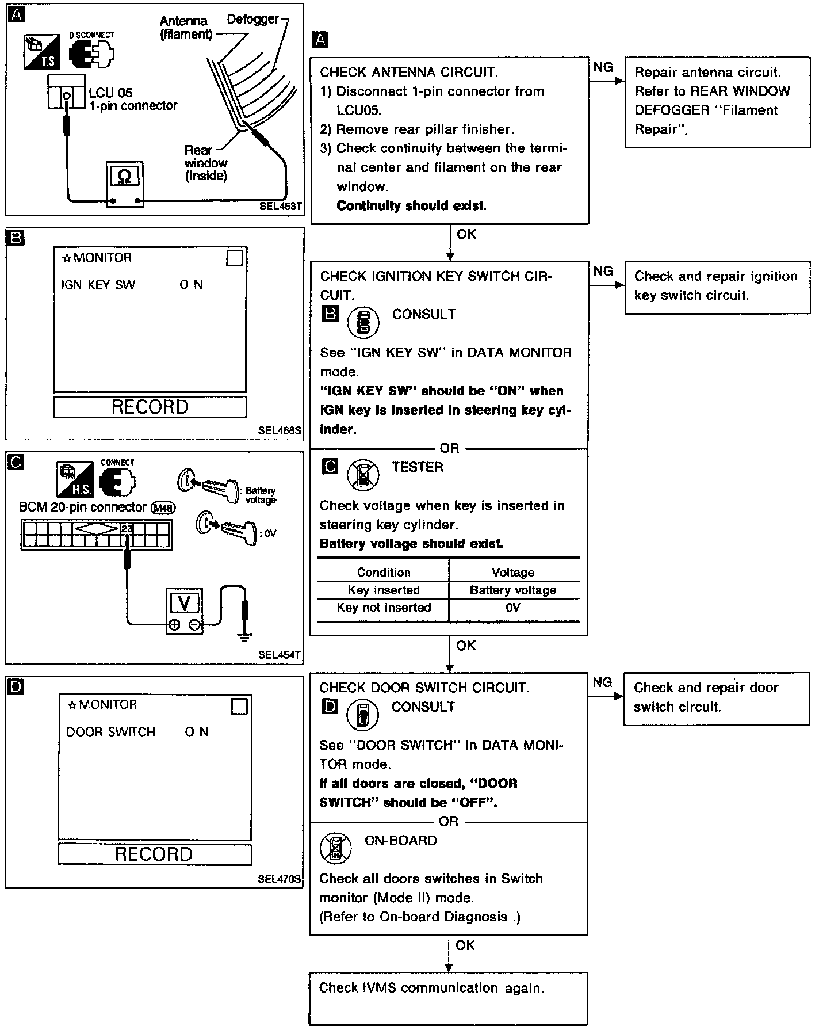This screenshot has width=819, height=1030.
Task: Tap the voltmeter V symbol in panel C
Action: pyautogui.click(x=185, y=603)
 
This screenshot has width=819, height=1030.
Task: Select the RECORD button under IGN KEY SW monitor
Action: pyautogui.click(x=150, y=407)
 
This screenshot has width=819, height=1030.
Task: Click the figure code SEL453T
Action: pyautogui.click(x=281, y=206)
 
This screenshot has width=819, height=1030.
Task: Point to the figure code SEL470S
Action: pyautogui.click(x=280, y=879)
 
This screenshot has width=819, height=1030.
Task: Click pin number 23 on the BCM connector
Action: pyautogui.click(x=127, y=528)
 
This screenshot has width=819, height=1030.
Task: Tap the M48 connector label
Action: pyautogui.click(x=163, y=508)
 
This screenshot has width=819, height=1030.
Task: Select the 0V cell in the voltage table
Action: pyautogui.click(x=513, y=608)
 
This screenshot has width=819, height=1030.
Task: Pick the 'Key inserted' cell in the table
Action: pyautogui.click(x=384, y=590)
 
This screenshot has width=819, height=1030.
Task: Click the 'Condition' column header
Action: pyautogui.click(x=384, y=573)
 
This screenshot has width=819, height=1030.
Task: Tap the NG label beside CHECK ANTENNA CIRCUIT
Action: pyautogui.click(x=603, y=67)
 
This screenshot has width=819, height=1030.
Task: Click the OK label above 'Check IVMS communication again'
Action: pyautogui.click(x=465, y=945)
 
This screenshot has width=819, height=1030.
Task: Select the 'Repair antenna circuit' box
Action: pyautogui.click(x=717, y=101)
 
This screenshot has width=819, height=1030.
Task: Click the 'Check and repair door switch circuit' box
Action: pyautogui.click(x=716, y=697)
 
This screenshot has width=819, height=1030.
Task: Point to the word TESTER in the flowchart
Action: pyautogui.click(x=418, y=467)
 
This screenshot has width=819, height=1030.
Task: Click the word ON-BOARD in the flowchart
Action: pyautogui.click(x=400, y=841)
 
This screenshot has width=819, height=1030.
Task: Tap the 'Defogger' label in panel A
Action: pyautogui.click(x=252, y=20)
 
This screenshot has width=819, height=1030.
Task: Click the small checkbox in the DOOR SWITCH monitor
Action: pyautogui.click(x=239, y=706)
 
